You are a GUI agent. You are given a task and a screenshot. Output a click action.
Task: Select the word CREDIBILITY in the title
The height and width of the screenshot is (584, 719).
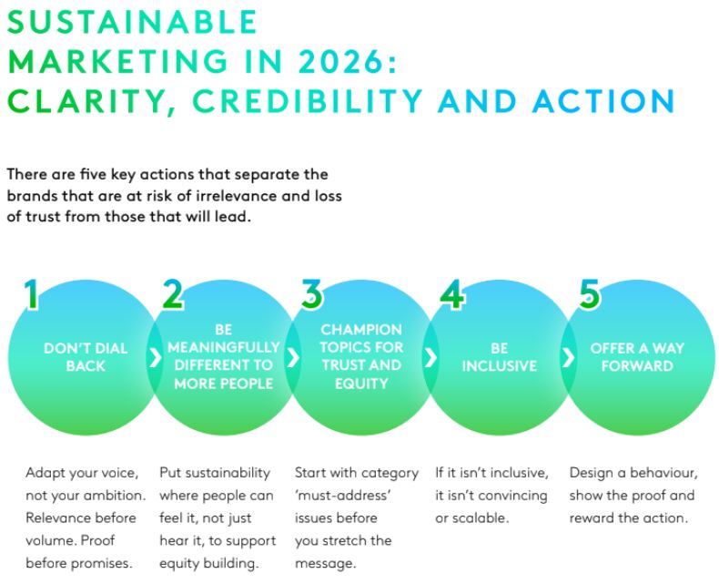[307, 101]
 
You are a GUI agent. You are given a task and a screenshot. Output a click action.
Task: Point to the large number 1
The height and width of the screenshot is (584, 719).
[32, 295]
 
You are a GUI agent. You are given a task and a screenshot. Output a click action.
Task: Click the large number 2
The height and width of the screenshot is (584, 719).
[172, 295]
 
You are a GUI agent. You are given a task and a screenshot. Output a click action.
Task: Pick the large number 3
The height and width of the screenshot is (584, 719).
[311, 295]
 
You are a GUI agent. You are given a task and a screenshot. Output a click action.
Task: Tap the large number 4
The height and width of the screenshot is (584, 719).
[451, 295]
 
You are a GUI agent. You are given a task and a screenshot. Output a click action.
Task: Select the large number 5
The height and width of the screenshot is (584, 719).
[589, 295]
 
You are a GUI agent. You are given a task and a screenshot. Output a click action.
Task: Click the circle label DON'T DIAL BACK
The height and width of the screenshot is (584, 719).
[86, 356]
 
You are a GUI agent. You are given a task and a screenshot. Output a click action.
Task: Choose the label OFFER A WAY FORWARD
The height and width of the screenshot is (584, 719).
[637, 356]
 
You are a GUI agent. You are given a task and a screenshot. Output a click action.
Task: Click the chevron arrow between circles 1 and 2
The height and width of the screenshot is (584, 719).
[155, 357]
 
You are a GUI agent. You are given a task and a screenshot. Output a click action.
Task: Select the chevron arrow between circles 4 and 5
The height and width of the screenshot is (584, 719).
[568, 357]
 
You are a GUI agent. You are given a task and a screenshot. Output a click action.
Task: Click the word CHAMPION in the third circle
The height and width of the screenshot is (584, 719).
[360, 330]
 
